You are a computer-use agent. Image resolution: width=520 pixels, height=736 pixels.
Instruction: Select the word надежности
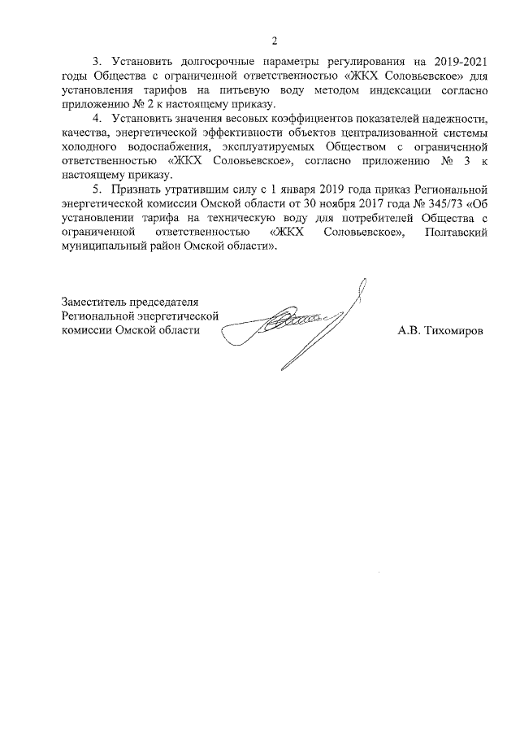(x=458, y=122)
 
